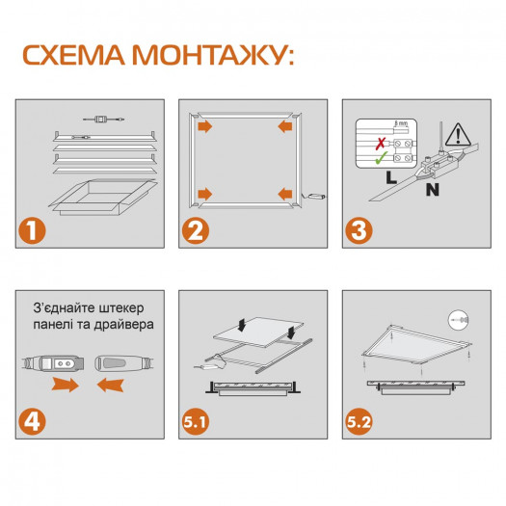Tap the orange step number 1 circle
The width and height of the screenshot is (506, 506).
(x=34, y=231)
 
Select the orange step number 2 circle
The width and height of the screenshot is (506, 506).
(x=197, y=231)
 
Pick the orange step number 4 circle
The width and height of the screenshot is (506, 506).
(x=34, y=421)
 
